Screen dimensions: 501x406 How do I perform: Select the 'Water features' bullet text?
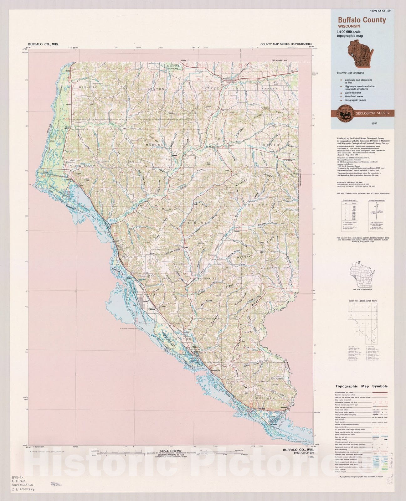point(353,93)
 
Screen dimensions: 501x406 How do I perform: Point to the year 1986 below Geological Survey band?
point(375,124)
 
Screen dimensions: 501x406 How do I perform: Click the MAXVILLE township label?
point(88,87)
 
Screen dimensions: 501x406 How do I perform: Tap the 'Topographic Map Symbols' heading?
point(362,386)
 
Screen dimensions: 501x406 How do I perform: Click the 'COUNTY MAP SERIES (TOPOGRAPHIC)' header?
point(286,44)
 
